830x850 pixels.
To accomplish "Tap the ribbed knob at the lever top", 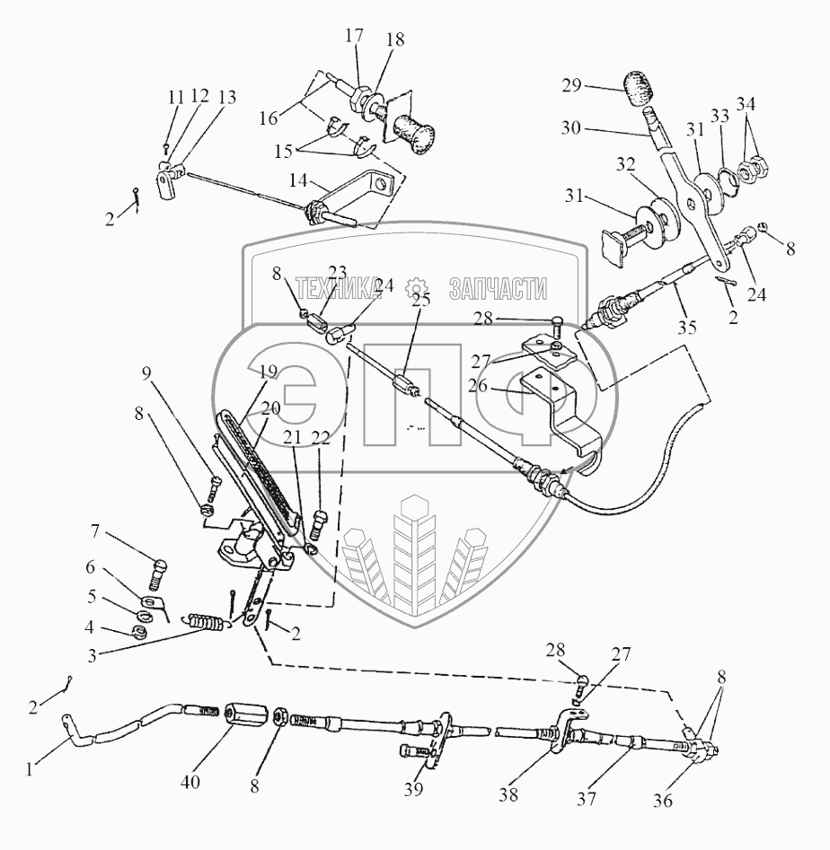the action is (x=639, y=92).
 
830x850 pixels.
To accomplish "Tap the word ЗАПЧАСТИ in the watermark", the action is (x=497, y=287).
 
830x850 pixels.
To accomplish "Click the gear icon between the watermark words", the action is (x=416, y=287).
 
